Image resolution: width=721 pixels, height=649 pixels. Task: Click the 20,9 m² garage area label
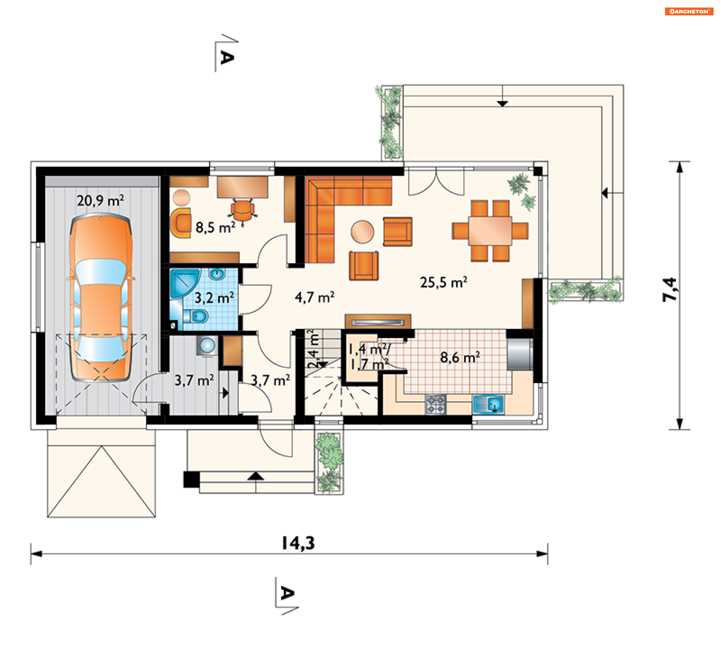(x=100, y=201)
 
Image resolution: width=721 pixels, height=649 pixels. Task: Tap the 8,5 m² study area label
(x=215, y=227)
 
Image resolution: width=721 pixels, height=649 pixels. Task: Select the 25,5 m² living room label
(x=443, y=282)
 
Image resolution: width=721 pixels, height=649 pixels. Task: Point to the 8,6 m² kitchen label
(x=460, y=357)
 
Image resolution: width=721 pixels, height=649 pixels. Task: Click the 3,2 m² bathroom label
(x=214, y=298)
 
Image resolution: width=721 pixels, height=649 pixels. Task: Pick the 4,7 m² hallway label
(x=314, y=297)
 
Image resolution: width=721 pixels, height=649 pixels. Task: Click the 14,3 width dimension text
(x=298, y=543)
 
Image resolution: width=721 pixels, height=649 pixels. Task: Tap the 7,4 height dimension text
(x=670, y=290)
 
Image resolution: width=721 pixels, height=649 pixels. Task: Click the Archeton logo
(x=689, y=11)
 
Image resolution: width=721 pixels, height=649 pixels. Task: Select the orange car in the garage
(x=101, y=297)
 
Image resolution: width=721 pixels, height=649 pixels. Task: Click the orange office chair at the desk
(x=243, y=212)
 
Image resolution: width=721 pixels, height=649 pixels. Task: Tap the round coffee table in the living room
(x=362, y=232)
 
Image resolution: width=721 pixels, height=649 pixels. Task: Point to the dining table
(x=490, y=231)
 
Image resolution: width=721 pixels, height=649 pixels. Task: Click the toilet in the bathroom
(x=196, y=316)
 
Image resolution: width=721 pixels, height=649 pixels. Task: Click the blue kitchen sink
(x=488, y=404)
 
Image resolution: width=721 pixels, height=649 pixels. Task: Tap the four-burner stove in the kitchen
(x=436, y=404)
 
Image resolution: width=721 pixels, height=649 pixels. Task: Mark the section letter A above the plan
(x=227, y=57)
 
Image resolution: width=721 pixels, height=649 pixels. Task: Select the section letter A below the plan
(x=288, y=593)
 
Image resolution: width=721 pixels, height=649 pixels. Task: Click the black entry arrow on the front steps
(x=256, y=476)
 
